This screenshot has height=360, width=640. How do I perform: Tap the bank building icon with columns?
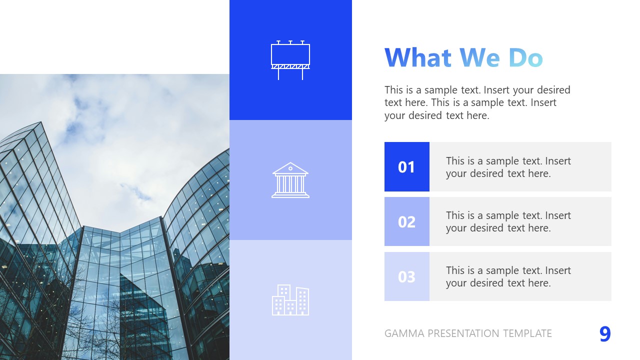[290, 180]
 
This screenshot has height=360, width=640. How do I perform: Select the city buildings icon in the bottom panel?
[290, 300]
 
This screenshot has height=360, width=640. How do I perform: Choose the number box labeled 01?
[406, 166]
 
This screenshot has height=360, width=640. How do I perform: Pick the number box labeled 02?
[406, 221]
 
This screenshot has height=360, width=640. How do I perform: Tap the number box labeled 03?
[406, 276]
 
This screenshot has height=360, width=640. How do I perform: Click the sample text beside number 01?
[508, 167]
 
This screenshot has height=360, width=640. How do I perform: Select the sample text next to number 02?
[508, 221]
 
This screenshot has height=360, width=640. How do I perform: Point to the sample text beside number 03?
[508, 276]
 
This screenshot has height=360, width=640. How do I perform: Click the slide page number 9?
[605, 334]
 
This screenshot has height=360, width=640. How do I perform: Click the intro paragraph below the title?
[477, 102]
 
